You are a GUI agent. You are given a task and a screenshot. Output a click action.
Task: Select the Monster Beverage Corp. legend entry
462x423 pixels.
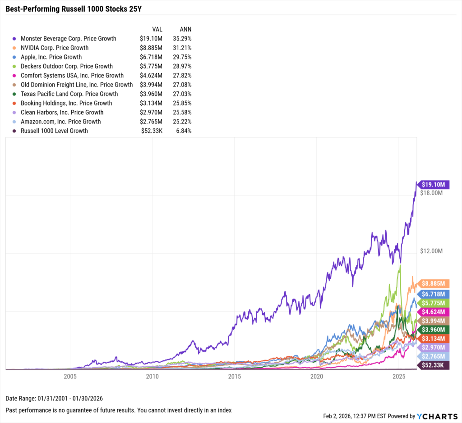coord(68,38)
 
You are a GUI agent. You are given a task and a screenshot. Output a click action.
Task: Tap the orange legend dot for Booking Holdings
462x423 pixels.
coord(14,103)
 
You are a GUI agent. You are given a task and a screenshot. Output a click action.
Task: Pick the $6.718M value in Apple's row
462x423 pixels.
coord(151,57)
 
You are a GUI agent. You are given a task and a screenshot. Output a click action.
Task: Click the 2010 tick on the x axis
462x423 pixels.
coord(152,376)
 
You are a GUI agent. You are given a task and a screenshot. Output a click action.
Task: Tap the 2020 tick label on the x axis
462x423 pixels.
coord(317,376)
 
